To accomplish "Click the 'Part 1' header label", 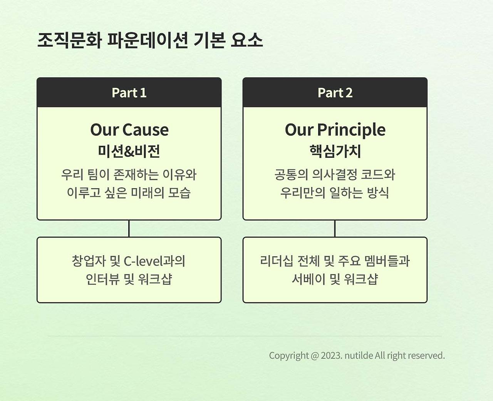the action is [x=129, y=93].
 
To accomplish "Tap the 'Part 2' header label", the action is [x=335, y=93].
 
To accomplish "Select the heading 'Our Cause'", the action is [x=129, y=130].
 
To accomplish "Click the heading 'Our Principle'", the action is [x=335, y=130].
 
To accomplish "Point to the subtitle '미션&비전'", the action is [x=129, y=151].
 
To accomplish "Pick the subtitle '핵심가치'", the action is [x=335, y=151].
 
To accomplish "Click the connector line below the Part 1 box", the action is [x=129, y=229].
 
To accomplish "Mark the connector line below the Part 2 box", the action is [x=335, y=229].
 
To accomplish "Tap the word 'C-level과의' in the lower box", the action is [x=154, y=261].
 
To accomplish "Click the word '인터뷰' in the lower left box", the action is [x=102, y=279].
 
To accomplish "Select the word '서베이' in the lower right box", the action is [x=309, y=279].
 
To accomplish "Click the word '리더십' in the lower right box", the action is [x=277, y=261].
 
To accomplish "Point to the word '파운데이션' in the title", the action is [x=148, y=40].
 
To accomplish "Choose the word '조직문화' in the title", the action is [x=69, y=40].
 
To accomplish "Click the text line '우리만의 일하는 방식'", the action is [x=335, y=192].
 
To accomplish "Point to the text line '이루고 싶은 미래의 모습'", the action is [x=129, y=192].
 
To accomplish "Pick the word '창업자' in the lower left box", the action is [x=89, y=261].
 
